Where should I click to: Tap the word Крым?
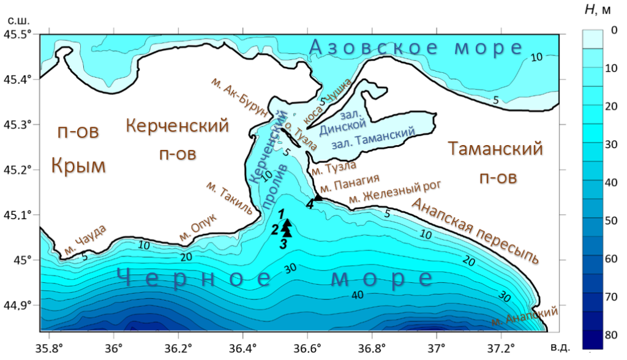click(x=78, y=165)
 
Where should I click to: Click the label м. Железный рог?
click(x=394, y=190)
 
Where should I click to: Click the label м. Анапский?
click(x=525, y=317)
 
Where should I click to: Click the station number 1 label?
click(x=280, y=214)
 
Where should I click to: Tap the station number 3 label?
click(x=283, y=244)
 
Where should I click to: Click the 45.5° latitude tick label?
click(x=18, y=34)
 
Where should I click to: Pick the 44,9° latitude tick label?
click(x=18, y=306)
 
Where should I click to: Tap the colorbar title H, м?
click(x=595, y=9)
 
